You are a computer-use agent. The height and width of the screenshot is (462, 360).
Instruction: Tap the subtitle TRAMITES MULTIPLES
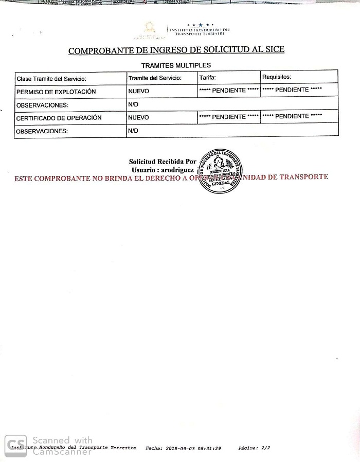[176, 65]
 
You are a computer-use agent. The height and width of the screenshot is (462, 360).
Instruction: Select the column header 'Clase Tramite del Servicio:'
[51, 79]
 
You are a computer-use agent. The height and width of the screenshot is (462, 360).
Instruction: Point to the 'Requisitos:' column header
[277, 77]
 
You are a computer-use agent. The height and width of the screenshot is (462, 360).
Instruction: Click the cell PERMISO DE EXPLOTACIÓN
[56, 92]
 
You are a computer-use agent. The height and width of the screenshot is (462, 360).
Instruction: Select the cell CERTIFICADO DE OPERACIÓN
[59, 118]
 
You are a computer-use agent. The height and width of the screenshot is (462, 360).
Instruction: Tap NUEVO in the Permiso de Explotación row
[138, 91]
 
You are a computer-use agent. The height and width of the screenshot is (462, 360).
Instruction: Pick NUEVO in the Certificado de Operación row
[138, 117]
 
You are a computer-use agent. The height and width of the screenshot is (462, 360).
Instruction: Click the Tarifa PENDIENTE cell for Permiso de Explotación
[229, 90]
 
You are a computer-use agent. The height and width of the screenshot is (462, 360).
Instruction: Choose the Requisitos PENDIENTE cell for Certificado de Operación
[292, 116]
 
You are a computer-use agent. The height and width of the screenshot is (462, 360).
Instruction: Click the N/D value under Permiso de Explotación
[133, 104]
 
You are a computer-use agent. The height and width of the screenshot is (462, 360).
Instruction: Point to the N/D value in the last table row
[133, 131]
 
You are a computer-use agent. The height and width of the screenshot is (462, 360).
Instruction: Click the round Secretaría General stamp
[220, 171]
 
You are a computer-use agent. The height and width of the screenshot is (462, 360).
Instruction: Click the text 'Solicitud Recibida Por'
[163, 162]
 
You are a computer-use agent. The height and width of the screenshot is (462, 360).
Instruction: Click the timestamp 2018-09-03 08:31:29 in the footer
[194, 448]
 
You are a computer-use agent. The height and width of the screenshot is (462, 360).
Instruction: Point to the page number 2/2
[265, 448]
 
